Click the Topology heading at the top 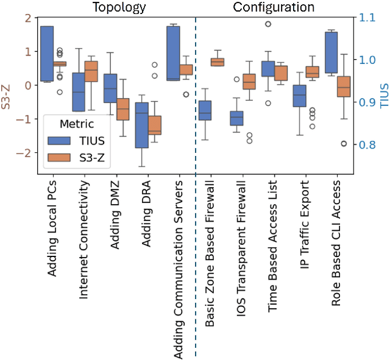(x=119, y=8)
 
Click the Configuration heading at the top (x=274, y=8)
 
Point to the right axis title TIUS (x=383, y=97)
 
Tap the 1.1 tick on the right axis (x=367, y=18)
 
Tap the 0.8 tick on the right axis (x=367, y=145)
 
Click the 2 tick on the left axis (x=26, y=18)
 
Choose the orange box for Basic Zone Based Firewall (x=217, y=62)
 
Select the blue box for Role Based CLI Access (x=331, y=52)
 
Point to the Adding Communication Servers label (x=179, y=268)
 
